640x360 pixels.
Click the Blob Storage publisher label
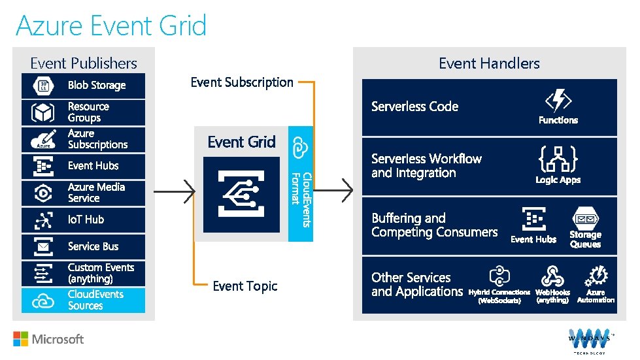pos(97,85)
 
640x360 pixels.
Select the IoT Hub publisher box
pos(83,220)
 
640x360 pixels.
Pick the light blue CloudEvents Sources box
pos(83,300)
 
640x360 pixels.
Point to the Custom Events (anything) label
pos(101,273)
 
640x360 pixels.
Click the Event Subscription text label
pos(242,82)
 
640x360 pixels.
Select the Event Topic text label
pos(245,286)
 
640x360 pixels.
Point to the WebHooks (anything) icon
pos(552,275)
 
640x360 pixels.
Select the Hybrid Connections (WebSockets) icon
pos(499,275)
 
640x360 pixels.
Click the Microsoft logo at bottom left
pos(49,339)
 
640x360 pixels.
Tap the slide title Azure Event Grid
pos(111,26)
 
